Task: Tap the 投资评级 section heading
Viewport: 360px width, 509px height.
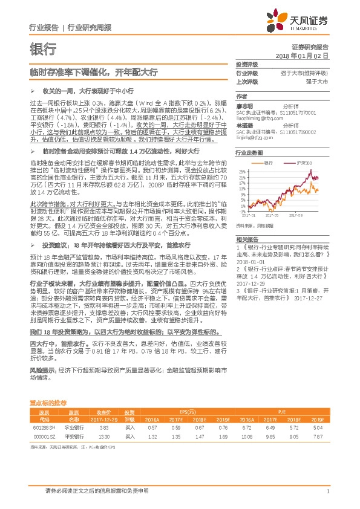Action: (247, 64)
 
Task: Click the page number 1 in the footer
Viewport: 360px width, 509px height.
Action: (327, 491)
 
